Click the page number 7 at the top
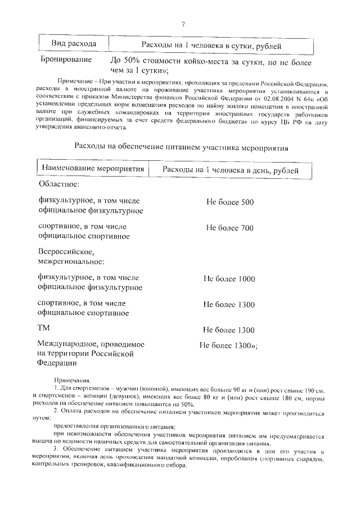[183, 24]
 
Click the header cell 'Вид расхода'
[74, 44]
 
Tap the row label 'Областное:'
[57, 184]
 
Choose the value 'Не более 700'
[230, 228]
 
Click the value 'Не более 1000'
[229, 279]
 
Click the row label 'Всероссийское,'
[66, 251]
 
